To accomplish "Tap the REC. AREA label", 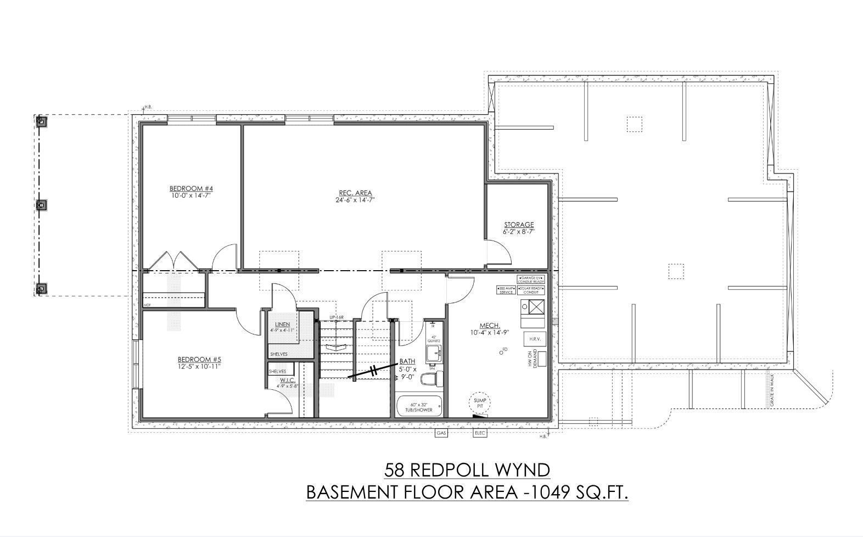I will click(355, 193).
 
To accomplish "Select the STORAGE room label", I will click(519, 225).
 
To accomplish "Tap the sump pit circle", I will click(480, 403).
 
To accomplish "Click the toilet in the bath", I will click(431, 379).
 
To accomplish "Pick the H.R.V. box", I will click(535, 339).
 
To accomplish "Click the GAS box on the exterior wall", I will click(441, 433).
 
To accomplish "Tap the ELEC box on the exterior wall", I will click(480, 433).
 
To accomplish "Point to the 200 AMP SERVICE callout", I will click(506, 290).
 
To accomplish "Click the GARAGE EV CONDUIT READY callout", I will click(531, 280).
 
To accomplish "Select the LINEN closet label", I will click(283, 325).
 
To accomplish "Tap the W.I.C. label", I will click(288, 380).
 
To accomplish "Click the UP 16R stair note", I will click(337, 318).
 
